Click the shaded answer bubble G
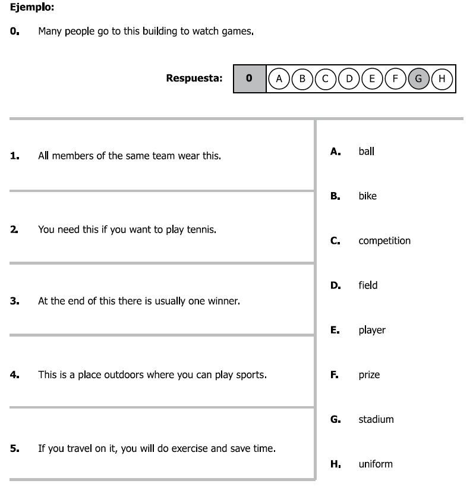pos(418,78)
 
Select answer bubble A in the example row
pos(279,78)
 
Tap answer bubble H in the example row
pos(442,78)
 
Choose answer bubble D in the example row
pos(349,78)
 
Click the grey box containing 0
pos(249,78)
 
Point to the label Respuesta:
pos(194,78)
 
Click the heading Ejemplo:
pos(32,8)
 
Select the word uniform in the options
pos(375,464)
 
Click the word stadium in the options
pos(376,419)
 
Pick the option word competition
pos(384,241)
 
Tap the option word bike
pos(367,196)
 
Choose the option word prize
pos(368,375)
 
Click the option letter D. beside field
pos(336,285)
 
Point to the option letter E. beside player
pos(335,330)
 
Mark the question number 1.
pos(14,156)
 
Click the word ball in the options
pos(366,151)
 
